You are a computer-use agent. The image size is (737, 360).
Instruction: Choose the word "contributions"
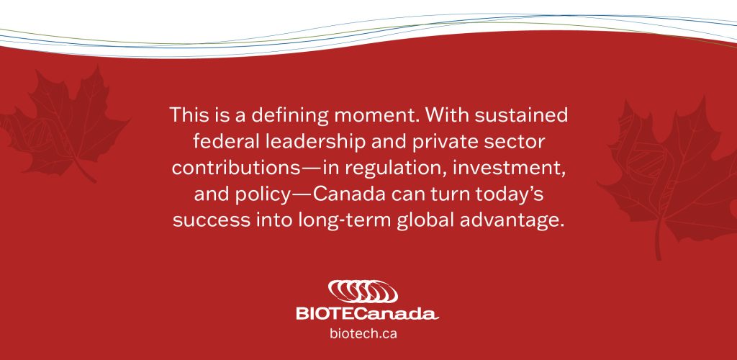[235, 168]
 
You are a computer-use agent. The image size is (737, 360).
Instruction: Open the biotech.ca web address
[363, 333]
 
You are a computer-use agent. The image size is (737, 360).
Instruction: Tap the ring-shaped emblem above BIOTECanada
[363, 292]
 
